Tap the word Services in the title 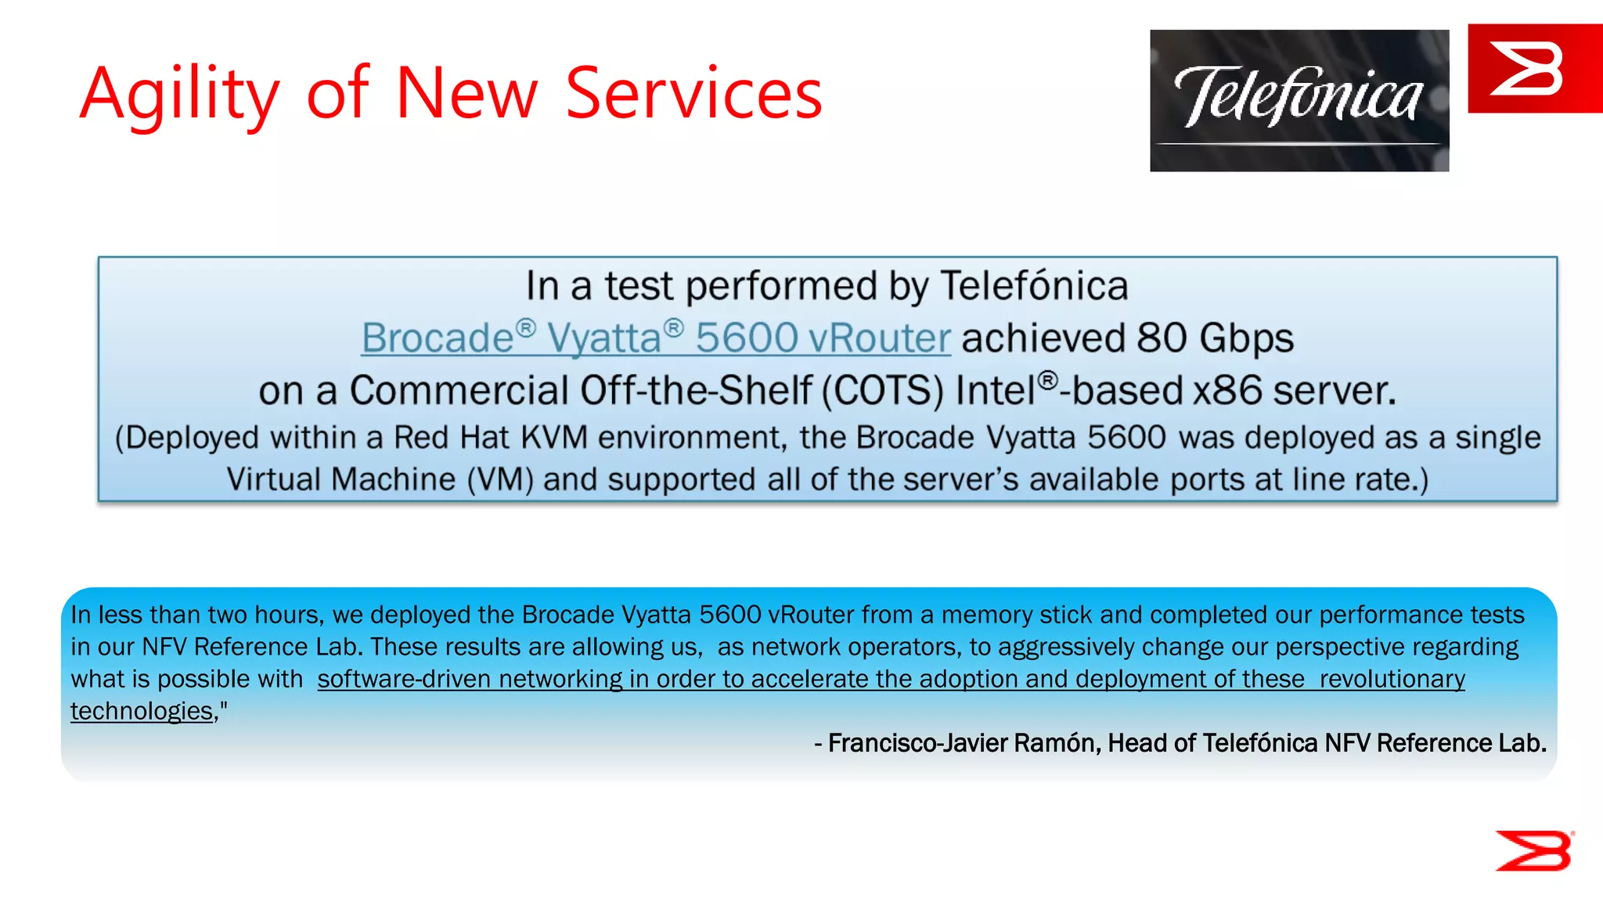tap(693, 94)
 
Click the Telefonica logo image tap(1299, 100)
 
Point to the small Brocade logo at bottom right tap(1533, 850)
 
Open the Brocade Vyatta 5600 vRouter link tap(655, 338)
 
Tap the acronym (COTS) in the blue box tap(883, 391)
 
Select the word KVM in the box tap(553, 438)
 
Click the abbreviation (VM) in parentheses tap(500, 479)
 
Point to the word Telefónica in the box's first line tap(1033, 286)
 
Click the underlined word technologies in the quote tap(142, 711)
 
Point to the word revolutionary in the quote tap(1392, 679)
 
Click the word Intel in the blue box tap(996, 391)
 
